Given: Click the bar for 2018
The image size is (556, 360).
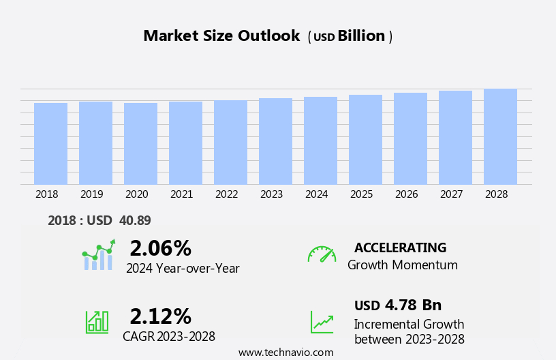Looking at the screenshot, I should coord(50,144).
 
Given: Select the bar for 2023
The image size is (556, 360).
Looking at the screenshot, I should coord(275,141).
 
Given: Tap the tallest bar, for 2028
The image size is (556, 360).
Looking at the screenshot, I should coord(500,136).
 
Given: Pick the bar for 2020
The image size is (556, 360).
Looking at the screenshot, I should coord(140,144).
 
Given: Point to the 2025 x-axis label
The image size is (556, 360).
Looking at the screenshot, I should coord(361,194).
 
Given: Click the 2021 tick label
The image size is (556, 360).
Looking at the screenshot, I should coord(181,194).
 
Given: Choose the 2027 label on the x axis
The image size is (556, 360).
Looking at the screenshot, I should coord(451,194).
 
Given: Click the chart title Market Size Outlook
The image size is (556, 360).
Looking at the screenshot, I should coord(221,36).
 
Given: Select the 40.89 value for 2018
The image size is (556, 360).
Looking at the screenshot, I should coord(135,220).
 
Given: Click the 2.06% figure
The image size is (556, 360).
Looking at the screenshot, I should coord(160,248).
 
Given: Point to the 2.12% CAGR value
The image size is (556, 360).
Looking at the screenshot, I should coord(160,316).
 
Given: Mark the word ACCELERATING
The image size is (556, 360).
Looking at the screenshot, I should coord(400,247).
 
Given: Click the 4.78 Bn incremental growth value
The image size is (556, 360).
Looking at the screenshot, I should coord(413,305).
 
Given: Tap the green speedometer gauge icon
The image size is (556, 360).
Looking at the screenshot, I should coord(322,255).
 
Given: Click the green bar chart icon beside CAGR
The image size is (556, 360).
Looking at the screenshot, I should coord(97,321).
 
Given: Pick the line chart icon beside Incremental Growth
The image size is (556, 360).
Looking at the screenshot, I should coord(322,322).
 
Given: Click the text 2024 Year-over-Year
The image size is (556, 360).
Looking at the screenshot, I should coord(183,269).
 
